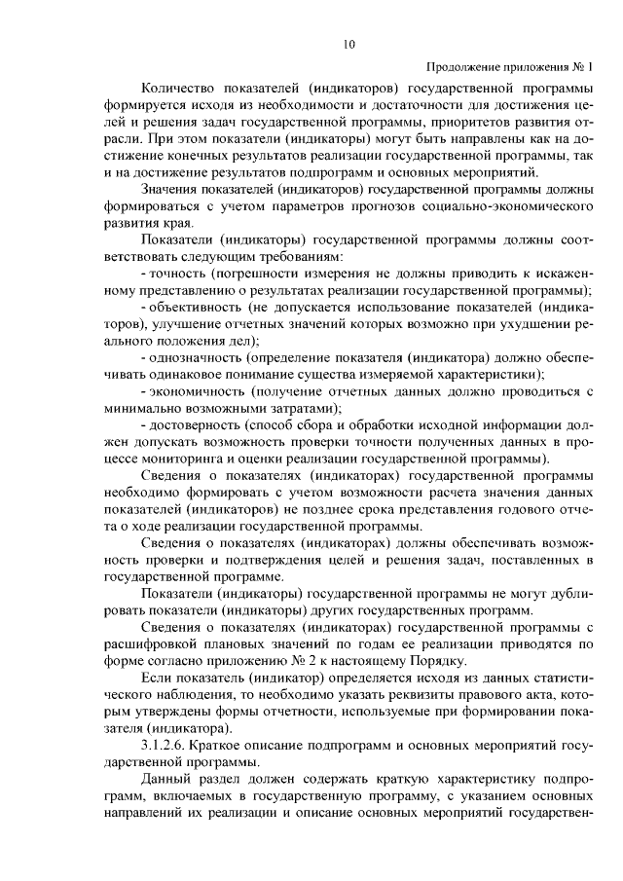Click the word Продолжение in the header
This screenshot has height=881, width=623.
pyautogui.click(x=462, y=67)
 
